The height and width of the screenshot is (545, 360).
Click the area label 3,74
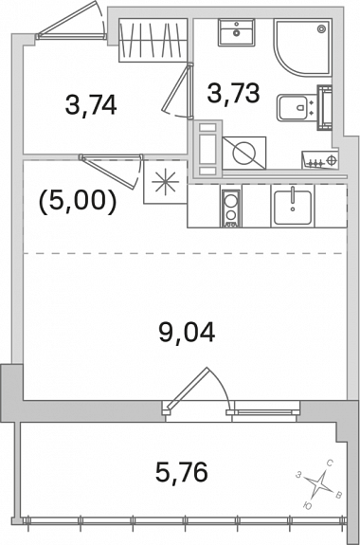click(91, 105)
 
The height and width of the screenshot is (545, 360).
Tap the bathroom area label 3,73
click(233, 93)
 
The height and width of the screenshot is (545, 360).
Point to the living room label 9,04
click(187, 333)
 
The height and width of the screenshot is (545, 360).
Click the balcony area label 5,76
click(181, 472)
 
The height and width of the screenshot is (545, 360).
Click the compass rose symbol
click(318, 483)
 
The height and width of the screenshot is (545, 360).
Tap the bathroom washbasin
click(236, 32)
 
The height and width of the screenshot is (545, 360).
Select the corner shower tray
click(302, 46)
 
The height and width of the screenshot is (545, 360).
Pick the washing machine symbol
click(243, 153)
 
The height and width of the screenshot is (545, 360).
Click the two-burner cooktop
click(230, 209)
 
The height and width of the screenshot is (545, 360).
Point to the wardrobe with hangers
click(153, 41)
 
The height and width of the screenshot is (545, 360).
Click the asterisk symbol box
click(166, 181)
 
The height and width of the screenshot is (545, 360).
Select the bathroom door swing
click(178, 91)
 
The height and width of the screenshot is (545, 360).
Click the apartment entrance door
click(71, 22)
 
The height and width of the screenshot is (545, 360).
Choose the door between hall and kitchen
click(112, 172)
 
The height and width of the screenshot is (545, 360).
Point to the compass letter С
click(331, 463)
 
